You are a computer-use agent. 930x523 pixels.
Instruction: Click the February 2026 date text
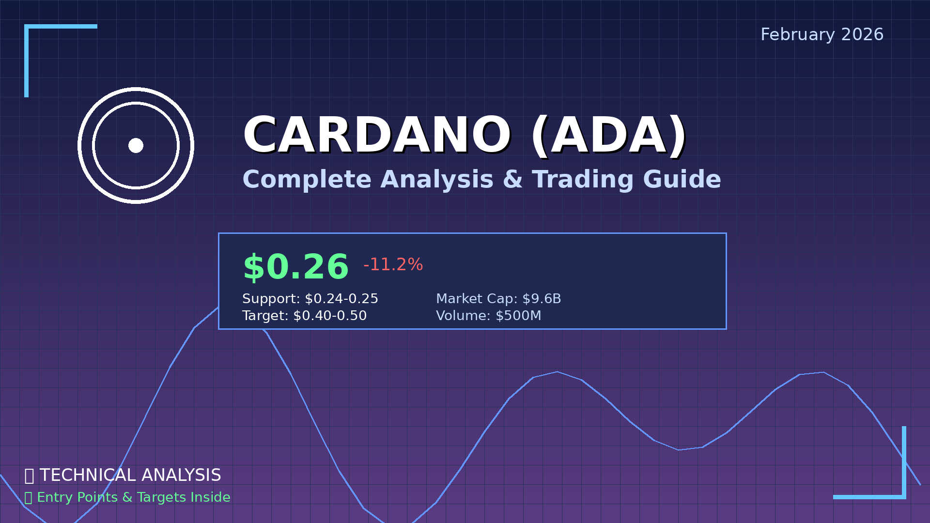click(x=822, y=34)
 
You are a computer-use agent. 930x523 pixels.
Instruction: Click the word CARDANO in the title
click(x=377, y=136)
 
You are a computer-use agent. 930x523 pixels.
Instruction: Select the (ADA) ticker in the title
click(x=609, y=137)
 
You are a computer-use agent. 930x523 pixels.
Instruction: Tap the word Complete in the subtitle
click(x=307, y=179)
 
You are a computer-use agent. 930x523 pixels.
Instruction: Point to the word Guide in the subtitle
click(x=682, y=179)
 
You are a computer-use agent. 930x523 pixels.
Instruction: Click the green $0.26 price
click(x=295, y=267)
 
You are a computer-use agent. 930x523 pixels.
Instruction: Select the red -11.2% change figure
click(x=393, y=264)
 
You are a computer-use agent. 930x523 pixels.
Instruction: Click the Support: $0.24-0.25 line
click(x=310, y=299)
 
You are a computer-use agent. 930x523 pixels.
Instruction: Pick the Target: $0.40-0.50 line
click(x=305, y=316)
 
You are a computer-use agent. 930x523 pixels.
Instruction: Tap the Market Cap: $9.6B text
click(x=498, y=299)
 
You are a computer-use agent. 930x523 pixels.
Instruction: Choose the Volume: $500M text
click(x=489, y=316)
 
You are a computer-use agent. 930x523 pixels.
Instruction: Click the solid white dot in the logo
click(x=136, y=145)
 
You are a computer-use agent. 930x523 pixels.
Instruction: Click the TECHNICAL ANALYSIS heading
click(x=130, y=475)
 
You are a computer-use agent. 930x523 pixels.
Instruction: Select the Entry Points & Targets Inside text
click(x=134, y=497)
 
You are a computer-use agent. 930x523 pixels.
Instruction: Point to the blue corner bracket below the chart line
click(x=903, y=496)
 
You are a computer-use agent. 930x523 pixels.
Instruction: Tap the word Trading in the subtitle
click(x=583, y=179)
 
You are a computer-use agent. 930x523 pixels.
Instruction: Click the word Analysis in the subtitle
click(x=437, y=179)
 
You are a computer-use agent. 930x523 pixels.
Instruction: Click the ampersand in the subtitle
click(x=512, y=179)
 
